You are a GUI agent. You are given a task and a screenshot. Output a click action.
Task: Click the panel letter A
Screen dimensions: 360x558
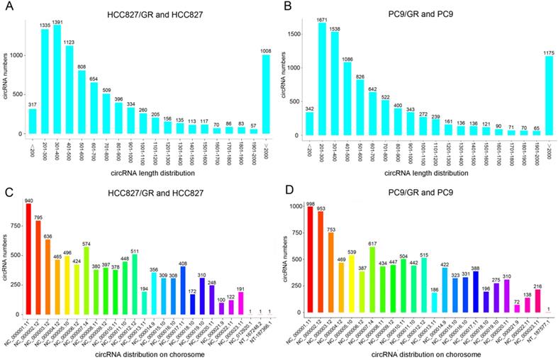[x=7, y=8]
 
